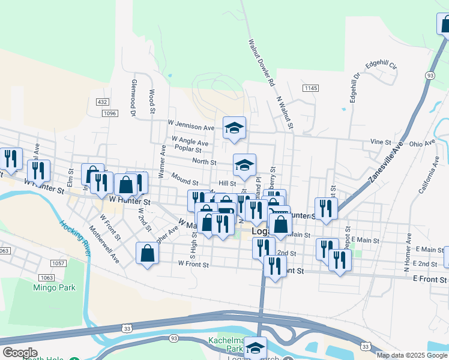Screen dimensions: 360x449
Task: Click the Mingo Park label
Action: click(x=54, y=287)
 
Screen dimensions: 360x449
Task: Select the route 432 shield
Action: click(x=102, y=103)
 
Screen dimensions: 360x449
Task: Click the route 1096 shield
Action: click(x=109, y=113)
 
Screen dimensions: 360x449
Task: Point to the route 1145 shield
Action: click(x=310, y=88)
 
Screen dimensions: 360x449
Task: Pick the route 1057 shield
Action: click(x=58, y=263)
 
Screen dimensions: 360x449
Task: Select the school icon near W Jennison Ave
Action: click(x=235, y=127)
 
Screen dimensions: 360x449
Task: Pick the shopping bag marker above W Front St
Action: click(x=148, y=253)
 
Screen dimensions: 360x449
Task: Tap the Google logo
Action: click(x=20, y=353)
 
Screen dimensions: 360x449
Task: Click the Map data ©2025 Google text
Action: click(x=412, y=355)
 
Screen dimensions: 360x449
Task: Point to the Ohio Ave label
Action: click(x=421, y=143)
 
